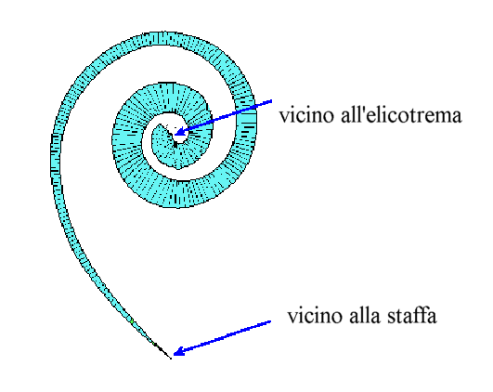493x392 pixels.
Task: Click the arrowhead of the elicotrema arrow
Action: (x=179, y=133)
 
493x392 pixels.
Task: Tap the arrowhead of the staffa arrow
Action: (x=178, y=351)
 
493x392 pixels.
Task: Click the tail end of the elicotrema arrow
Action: (x=271, y=101)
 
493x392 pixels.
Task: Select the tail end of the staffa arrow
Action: (x=271, y=321)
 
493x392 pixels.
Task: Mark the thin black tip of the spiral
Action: (x=171, y=358)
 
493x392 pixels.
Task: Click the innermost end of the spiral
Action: (x=160, y=125)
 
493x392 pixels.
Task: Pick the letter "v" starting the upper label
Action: (x=284, y=118)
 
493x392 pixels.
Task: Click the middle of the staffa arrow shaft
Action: (x=222, y=336)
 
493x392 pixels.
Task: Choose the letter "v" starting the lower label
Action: (x=292, y=318)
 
